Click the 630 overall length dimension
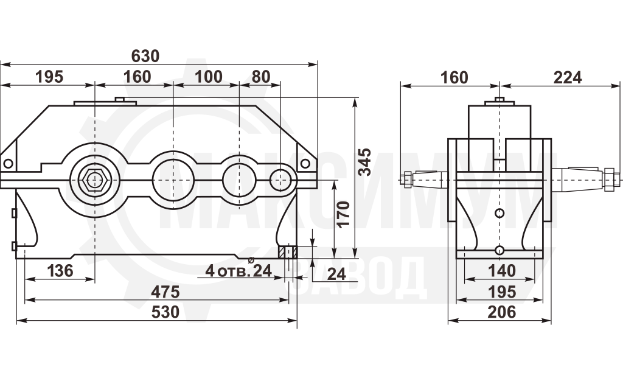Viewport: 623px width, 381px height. point(145,57)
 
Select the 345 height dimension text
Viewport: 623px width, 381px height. point(365,162)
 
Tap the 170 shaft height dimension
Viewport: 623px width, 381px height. point(343,214)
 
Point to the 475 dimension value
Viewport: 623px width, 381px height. point(165,292)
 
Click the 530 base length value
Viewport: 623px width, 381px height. point(165,312)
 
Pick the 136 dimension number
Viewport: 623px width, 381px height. point(60,271)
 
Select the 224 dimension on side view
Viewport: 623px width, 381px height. point(568,77)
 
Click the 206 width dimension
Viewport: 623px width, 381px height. point(502,312)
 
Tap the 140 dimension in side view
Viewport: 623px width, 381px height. point(502,271)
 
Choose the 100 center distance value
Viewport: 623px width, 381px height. point(208,77)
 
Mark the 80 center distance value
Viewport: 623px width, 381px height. point(260,77)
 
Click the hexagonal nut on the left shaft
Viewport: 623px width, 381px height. point(94,180)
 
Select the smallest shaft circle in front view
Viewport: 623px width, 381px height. point(280,180)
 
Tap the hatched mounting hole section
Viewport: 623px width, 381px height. point(288,253)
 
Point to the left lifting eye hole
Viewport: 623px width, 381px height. point(8,163)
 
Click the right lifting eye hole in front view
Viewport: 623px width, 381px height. point(305,163)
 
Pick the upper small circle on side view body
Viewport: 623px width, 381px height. point(499,214)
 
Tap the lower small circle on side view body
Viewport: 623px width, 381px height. point(499,250)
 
